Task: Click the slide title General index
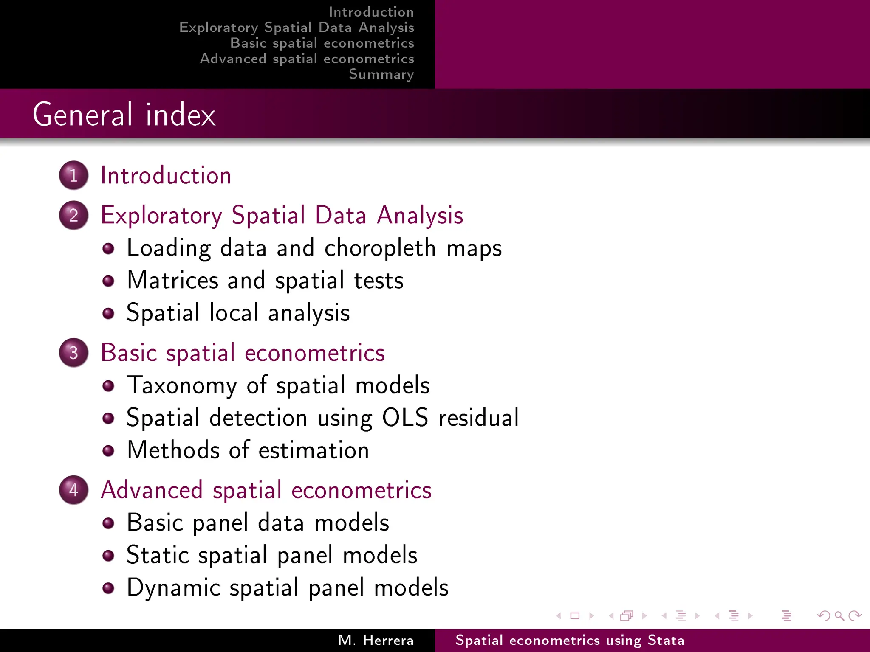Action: (124, 115)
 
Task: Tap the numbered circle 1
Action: (73, 175)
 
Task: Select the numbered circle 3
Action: (73, 353)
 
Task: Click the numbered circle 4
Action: (73, 490)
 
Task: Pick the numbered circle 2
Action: (73, 215)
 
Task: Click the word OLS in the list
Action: (405, 418)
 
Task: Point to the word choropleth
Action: (380, 248)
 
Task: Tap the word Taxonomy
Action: (182, 385)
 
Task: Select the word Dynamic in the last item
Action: (173, 588)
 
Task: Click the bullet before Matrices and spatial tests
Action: (108, 281)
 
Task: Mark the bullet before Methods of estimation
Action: (108, 451)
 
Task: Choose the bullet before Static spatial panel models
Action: (108, 556)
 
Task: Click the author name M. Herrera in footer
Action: (376, 640)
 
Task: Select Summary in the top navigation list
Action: (381, 74)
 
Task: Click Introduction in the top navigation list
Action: (371, 12)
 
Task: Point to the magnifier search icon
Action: (839, 615)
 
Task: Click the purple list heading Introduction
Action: (166, 176)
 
